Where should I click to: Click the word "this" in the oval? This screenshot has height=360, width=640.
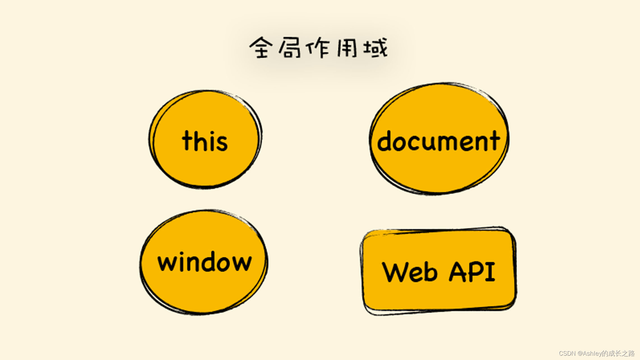click(205, 141)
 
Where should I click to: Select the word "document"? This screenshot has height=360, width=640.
click(438, 141)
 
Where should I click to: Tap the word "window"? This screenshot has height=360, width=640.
click(205, 262)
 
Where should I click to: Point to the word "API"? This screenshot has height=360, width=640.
click(472, 272)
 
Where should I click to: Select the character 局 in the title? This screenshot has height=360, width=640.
click(289, 48)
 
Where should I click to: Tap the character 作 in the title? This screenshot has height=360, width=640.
click(319, 48)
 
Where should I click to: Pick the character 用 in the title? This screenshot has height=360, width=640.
click(347, 48)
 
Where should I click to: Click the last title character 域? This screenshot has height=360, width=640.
click(376, 48)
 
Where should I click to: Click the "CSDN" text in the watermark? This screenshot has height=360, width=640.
click(567, 354)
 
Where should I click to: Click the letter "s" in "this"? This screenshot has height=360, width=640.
click(222, 144)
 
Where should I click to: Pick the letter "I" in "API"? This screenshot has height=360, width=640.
click(490, 272)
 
